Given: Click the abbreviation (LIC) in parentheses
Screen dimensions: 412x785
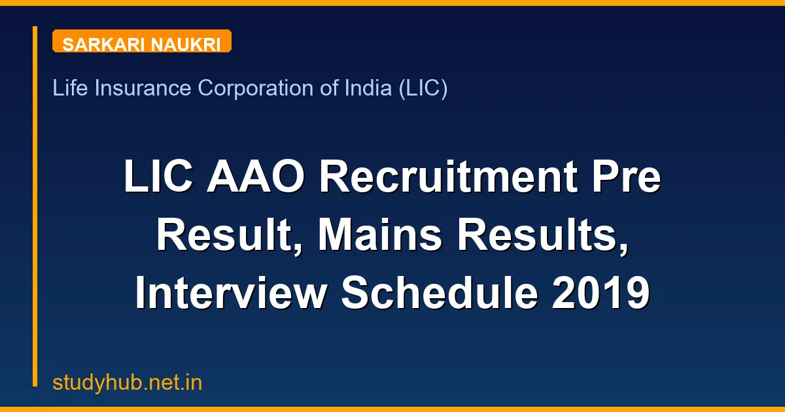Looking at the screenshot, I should pyautogui.click(x=423, y=88).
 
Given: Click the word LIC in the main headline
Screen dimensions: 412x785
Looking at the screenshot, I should pyautogui.click(x=159, y=178).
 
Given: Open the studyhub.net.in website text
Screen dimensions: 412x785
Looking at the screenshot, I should pyautogui.click(x=127, y=383).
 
